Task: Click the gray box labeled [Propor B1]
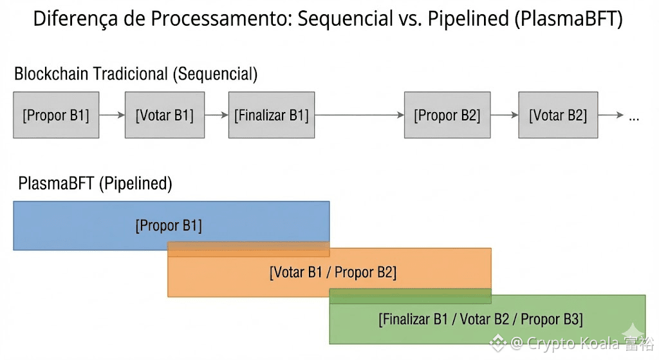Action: point(56,115)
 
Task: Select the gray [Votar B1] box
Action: point(164,115)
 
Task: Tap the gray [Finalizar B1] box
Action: point(271,115)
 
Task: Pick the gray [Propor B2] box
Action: point(447,115)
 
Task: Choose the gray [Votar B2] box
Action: point(557,115)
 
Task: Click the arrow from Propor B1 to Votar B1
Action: point(112,115)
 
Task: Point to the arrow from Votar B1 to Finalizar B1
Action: point(216,115)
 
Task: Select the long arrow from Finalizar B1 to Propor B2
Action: point(359,115)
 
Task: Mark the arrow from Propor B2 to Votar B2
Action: point(504,115)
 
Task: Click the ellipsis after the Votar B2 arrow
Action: point(634,118)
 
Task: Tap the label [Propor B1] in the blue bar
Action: point(169,225)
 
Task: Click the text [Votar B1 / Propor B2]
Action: point(333,272)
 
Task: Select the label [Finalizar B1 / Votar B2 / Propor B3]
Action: point(481,319)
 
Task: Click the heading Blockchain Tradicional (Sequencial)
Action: point(136,74)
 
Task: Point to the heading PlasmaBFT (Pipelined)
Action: point(95,184)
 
